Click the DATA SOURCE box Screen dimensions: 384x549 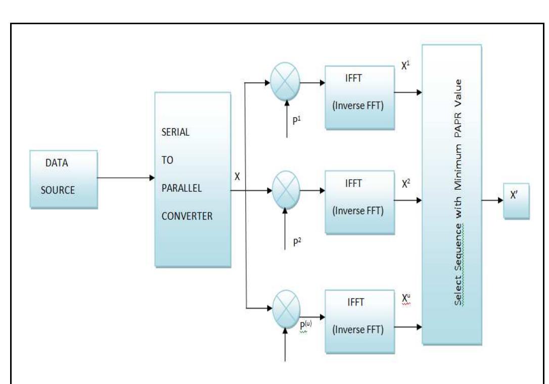point(63,179)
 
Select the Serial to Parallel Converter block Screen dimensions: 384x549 point(192,179)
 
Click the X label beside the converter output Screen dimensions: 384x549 point(238,177)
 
